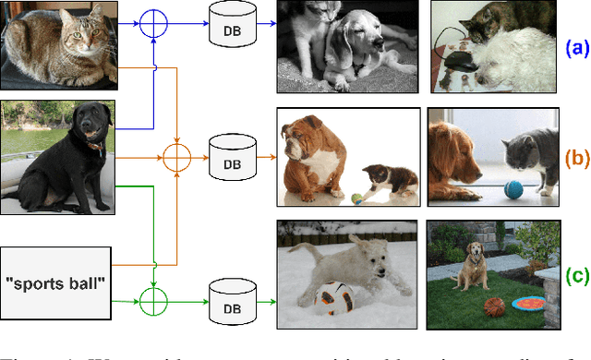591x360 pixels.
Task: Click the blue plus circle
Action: (x=151, y=24)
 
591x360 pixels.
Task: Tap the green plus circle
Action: (x=151, y=299)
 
